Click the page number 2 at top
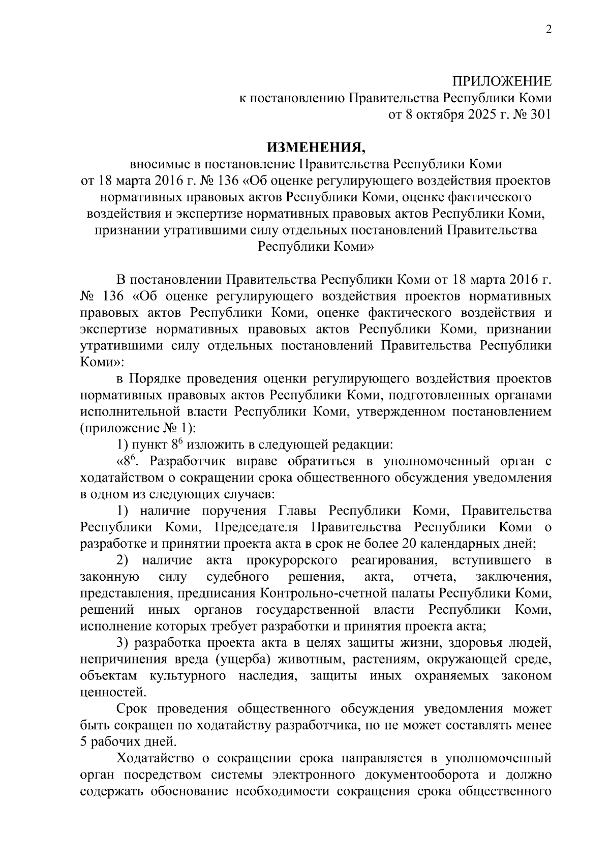point(548,31)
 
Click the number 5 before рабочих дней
point(84,742)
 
